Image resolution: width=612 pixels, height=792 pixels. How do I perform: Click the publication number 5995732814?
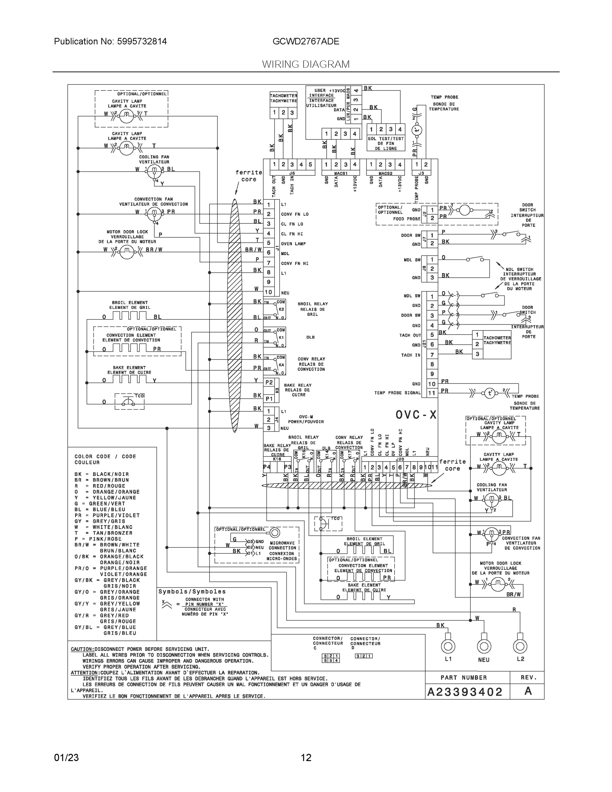click(142, 41)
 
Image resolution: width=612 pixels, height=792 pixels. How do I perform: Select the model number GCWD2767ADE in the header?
click(306, 41)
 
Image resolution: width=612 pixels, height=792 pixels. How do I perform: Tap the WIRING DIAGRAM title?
click(306, 64)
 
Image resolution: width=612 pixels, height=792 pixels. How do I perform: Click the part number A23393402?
click(465, 692)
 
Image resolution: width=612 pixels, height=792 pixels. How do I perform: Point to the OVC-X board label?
click(416, 415)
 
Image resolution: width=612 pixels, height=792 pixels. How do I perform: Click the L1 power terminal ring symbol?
click(448, 645)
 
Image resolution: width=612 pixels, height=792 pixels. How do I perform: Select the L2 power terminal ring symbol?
click(520, 645)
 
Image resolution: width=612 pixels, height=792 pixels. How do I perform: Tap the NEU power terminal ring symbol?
click(484, 645)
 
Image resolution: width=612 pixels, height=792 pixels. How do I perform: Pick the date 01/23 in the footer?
click(66, 758)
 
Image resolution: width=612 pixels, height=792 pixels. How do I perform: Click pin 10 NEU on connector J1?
click(269, 292)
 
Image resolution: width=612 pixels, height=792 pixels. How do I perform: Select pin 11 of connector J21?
click(432, 393)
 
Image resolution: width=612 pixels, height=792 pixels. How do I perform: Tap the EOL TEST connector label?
click(386, 143)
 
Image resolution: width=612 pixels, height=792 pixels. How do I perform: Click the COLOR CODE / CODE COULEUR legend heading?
click(105, 459)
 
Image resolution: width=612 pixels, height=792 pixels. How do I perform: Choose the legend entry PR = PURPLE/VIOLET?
click(107, 515)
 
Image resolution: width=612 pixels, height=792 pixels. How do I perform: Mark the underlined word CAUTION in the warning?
click(82, 649)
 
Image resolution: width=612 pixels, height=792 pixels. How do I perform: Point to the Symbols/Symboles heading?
click(192, 591)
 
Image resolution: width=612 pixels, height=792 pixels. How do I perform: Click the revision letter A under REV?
click(528, 691)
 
